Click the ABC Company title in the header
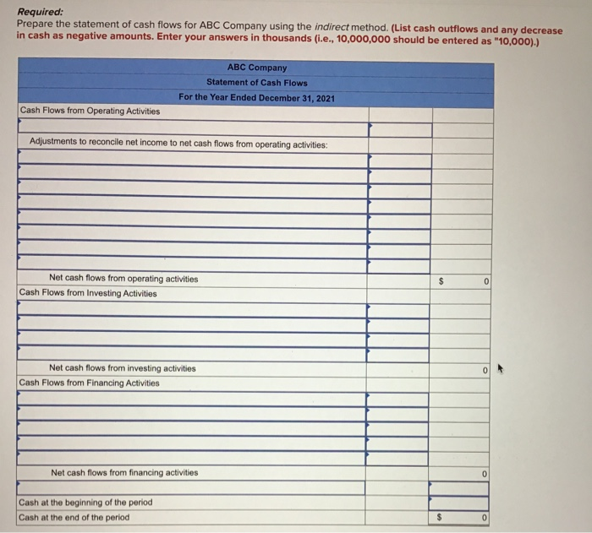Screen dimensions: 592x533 click(257, 68)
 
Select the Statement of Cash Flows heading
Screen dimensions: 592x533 click(257, 83)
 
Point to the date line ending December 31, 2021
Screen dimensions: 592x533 click(257, 98)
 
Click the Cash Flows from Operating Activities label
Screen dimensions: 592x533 click(90, 111)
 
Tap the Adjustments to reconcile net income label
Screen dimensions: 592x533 click(178, 144)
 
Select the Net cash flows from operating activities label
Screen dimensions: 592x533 click(123, 279)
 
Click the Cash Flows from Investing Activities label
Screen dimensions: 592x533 click(88, 293)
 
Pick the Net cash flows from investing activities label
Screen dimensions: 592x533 click(122, 368)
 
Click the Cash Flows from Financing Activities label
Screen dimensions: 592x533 click(89, 383)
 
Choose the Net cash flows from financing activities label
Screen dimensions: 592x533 click(124, 473)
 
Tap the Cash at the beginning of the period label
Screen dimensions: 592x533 click(85, 503)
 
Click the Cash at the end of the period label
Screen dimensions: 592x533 click(74, 517)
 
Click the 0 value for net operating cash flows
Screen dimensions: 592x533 click(486, 280)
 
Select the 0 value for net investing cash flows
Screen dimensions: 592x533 click(486, 369)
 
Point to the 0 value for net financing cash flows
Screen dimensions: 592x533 click(486, 474)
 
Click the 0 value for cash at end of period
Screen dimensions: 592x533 click(486, 517)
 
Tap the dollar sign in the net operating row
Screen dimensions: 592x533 click(440, 280)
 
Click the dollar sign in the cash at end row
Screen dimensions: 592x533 click(440, 517)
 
